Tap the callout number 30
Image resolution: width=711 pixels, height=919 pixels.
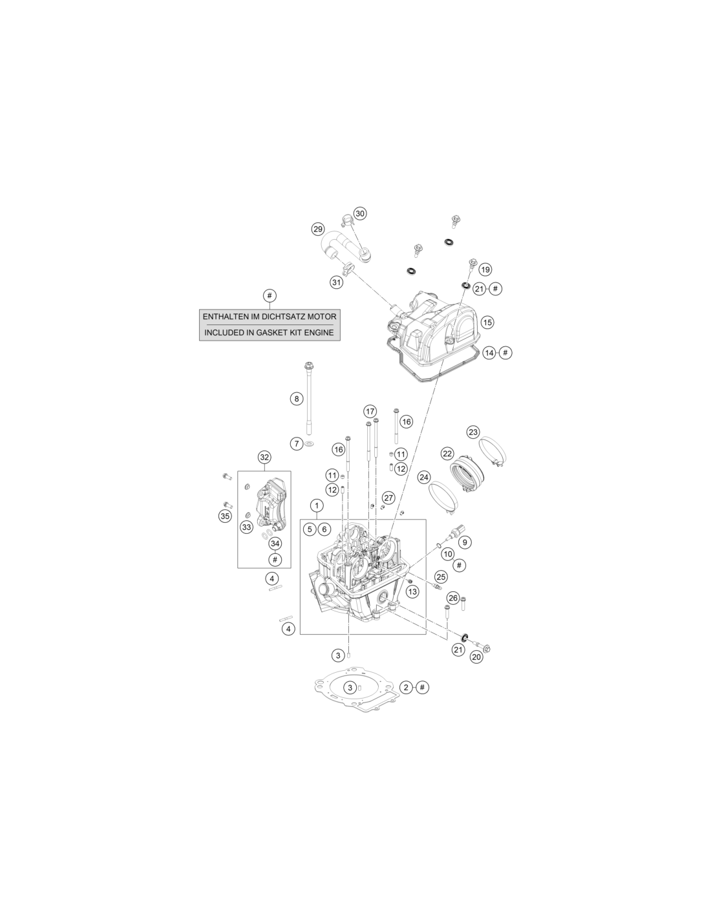tap(359, 213)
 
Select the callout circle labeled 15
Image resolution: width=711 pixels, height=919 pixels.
tap(487, 322)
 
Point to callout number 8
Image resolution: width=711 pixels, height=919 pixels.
tap(297, 398)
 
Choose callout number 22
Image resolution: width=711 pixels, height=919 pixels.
tap(447, 454)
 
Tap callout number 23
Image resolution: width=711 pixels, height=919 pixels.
tap(473, 432)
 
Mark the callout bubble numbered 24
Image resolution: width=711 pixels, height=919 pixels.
tap(423, 478)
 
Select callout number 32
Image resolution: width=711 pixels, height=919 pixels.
tap(264, 457)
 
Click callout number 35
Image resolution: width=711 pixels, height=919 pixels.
tap(225, 516)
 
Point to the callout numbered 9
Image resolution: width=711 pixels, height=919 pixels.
tap(465, 542)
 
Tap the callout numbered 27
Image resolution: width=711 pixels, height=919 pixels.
tap(388, 498)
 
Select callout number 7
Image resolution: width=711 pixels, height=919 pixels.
tap(297, 443)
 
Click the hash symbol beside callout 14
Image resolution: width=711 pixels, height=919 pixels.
tap(505, 352)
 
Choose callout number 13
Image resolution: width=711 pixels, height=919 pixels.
tap(412, 591)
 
